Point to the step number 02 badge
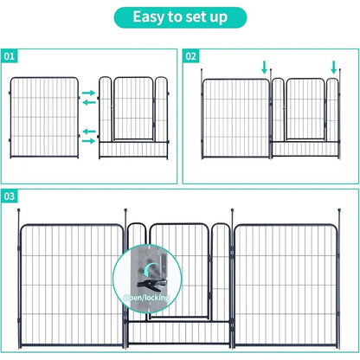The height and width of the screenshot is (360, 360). [193, 57]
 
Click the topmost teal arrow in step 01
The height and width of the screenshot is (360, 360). [89, 91]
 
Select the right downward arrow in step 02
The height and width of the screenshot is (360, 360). [334, 67]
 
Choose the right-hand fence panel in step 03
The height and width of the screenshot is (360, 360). [286, 286]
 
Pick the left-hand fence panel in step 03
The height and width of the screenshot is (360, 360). [73, 286]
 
